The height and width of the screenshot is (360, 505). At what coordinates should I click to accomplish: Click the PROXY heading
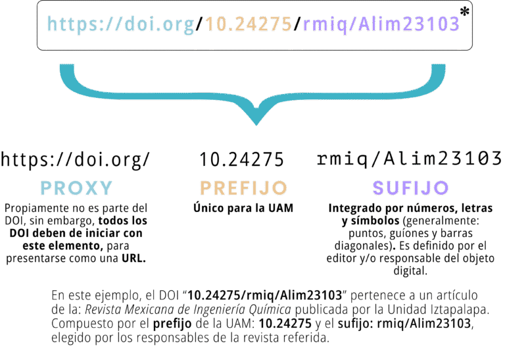[76, 188]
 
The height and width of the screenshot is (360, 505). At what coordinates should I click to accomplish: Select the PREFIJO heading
[243, 188]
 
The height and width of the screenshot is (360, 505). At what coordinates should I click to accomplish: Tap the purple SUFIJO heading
[410, 188]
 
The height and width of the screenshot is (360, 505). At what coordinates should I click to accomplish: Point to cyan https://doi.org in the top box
[121, 24]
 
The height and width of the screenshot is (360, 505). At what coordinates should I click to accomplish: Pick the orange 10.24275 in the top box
[249, 24]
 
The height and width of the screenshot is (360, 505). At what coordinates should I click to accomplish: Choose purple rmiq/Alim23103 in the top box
[381, 24]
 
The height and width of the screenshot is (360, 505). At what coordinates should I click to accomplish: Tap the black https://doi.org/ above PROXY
[76, 159]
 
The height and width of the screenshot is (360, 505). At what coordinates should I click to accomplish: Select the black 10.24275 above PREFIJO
[242, 159]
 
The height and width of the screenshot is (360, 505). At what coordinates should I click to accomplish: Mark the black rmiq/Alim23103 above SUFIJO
[410, 159]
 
